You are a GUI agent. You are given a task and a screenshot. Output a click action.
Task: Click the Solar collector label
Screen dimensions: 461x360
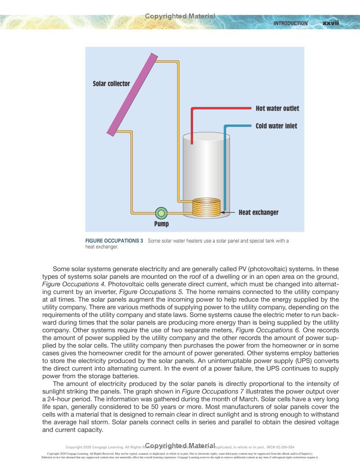(111, 84)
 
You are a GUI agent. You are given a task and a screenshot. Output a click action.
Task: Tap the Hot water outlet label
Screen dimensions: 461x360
(277, 108)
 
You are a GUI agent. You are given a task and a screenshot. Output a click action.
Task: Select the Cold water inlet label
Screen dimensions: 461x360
(276, 126)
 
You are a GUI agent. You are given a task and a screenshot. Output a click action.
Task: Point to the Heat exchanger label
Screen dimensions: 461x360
(258, 212)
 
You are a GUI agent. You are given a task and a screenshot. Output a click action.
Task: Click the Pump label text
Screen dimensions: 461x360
(161, 224)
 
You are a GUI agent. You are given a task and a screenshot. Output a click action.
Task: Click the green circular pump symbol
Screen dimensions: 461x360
(161, 212)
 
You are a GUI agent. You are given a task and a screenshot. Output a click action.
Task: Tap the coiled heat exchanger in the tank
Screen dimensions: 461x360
(207, 208)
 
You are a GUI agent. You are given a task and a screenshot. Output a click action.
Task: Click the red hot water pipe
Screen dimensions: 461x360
(220, 108)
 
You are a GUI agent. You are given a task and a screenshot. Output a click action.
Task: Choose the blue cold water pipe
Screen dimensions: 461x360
(225, 171)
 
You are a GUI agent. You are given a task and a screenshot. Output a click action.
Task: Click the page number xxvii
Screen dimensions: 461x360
(330, 23)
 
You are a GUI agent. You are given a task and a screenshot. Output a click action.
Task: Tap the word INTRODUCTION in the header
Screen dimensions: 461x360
(291, 23)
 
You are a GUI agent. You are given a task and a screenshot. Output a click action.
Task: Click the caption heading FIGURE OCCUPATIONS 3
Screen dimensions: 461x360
(114, 241)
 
